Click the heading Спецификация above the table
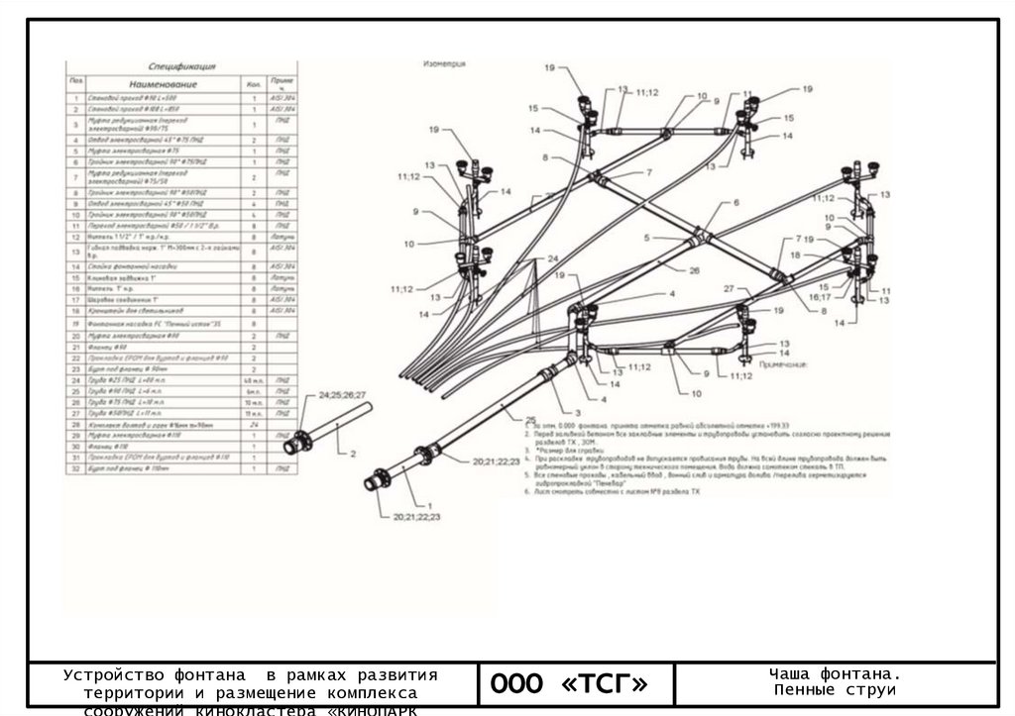[x=180, y=67]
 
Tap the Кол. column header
[x=255, y=85]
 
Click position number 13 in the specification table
[x=74, y=253]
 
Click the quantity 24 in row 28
[x=255, y=423]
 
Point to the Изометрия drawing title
[x=444, y=62]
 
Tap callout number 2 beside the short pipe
[x=352, y=454]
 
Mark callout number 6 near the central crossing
[x=736, y=202]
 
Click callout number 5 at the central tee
[x=645, y=238]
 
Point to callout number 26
[x=694, y=270]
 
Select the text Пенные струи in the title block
[x=836, y=690]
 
